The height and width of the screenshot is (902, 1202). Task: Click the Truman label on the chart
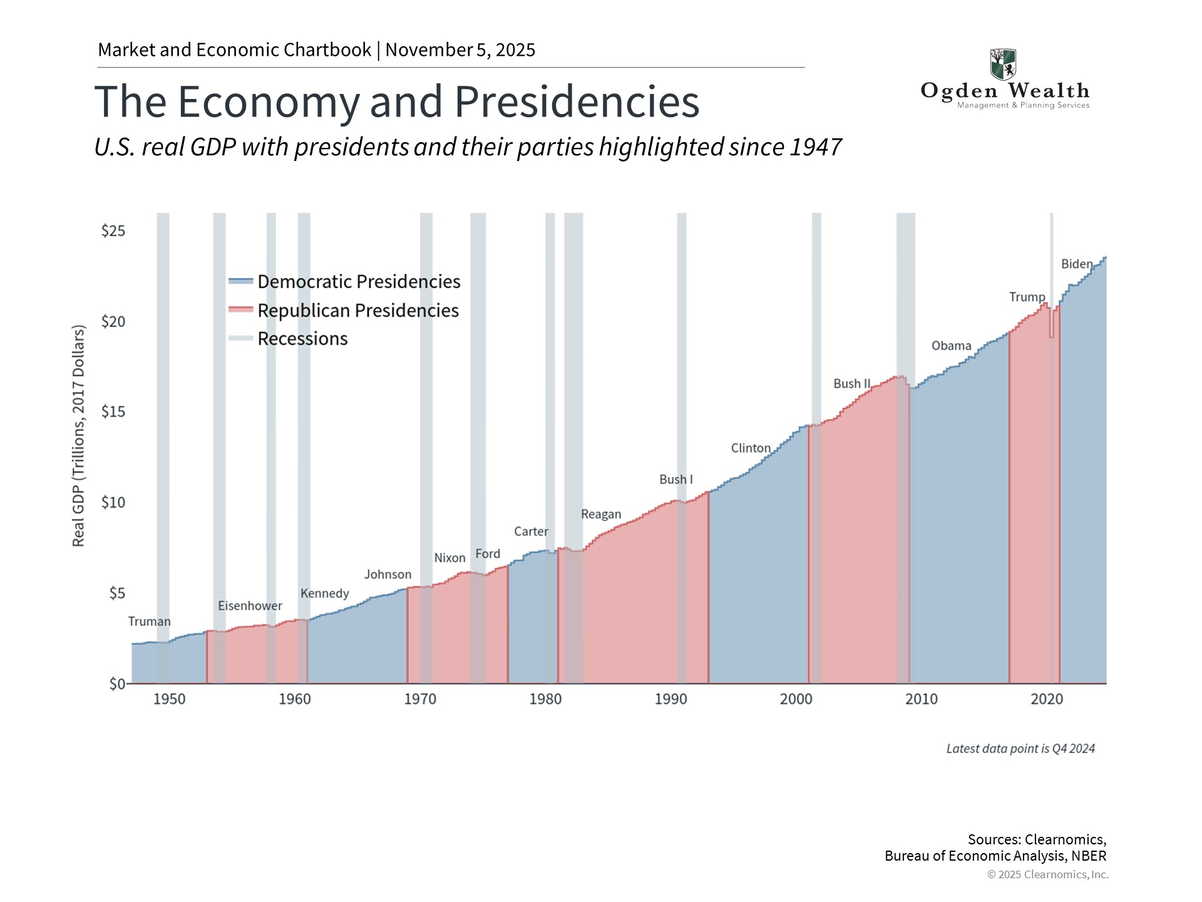(149, 621)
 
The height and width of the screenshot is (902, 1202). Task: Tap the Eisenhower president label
(250, 606)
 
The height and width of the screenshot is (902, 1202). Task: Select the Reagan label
(601, 514)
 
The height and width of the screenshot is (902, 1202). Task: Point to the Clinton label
(751, 448)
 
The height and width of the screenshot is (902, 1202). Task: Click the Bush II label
(851, 383)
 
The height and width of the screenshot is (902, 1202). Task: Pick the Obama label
(951, 346)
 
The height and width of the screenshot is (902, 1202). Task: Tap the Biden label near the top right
(1077, 264)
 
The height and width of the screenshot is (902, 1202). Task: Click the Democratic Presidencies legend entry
(358, 282)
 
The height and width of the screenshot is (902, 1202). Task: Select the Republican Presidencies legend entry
(357, 311)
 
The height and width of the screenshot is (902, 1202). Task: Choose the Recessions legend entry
(302, 339)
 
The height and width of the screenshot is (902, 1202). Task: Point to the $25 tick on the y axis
(113, 231)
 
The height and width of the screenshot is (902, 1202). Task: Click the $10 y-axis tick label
(113, 502)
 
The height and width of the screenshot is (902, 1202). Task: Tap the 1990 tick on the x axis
(670, 699)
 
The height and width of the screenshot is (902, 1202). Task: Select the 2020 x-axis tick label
(1047, 699)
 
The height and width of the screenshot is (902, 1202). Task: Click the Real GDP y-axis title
(78, 436)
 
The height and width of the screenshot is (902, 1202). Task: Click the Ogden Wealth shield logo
(1003, 65)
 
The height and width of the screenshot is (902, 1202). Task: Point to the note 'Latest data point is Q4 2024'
(1020, 749)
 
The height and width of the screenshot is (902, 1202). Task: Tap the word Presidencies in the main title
(577, 101)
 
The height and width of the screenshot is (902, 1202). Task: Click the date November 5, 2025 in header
(460, 50)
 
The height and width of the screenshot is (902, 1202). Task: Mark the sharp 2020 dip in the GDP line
(1052, 336)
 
